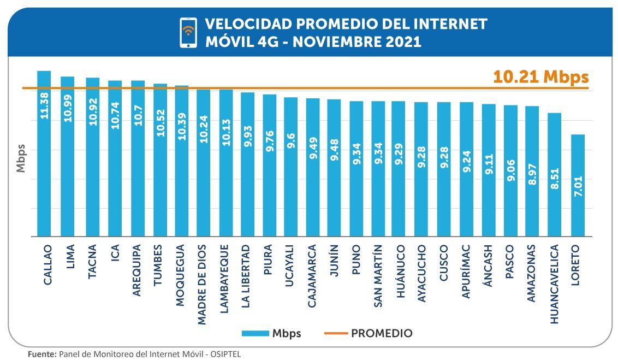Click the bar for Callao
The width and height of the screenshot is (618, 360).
[x=44, y=154]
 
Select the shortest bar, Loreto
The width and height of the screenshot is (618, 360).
[x=578, y=185]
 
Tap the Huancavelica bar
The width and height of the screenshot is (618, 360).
[x=554, y=174]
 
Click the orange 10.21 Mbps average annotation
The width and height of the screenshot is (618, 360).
[x=540, y=77]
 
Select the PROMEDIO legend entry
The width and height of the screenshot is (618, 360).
[x=382, y=333]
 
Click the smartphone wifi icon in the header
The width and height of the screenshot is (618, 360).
[x=188, y=32]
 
